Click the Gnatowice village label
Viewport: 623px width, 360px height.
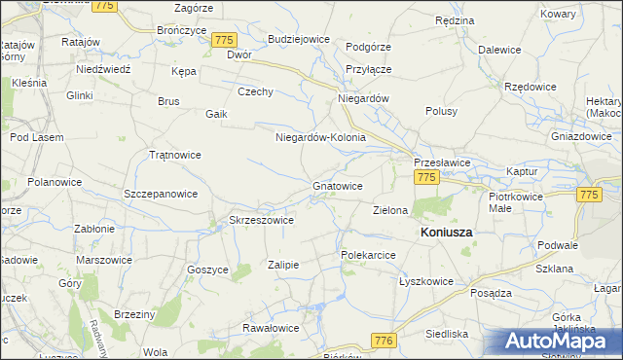[338, 185]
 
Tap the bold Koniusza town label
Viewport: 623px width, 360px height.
[446, 234]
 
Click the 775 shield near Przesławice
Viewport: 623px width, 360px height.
[425, 177]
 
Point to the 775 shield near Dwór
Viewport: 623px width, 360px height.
[225, 40]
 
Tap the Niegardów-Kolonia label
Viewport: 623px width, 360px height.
[320, 137]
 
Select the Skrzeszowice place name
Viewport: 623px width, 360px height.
[261, 220]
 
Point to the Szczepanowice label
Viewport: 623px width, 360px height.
[162, 194]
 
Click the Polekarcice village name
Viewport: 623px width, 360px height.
[367, 254]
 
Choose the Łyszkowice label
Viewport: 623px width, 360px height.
[426, 281]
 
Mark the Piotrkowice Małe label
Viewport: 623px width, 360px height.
[513, 201]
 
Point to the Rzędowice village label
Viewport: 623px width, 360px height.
[531, 87]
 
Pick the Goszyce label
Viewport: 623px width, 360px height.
[207, 270]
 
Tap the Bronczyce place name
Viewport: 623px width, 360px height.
[181, 30]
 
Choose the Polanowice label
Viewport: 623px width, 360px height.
[55, 182]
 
